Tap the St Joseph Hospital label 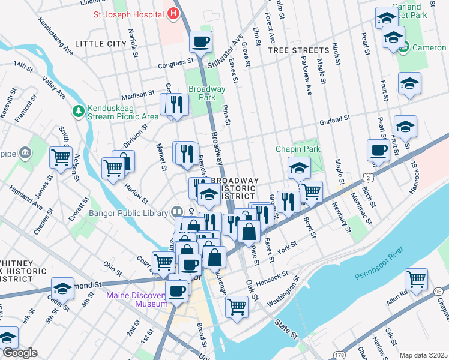tap(128, 13)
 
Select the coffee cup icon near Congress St tap(200, 42)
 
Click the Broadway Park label tap(206, 93)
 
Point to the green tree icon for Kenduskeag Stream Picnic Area tap(78, 110)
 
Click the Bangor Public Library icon tap(176, 211)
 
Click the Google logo tap(20, 353)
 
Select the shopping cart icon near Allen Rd tap(416, 278)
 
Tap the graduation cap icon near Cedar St tap(62, 288)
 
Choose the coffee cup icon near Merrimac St tap(379, 150)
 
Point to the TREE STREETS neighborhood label tap(298, 50)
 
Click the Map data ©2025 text tap(423, 355)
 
